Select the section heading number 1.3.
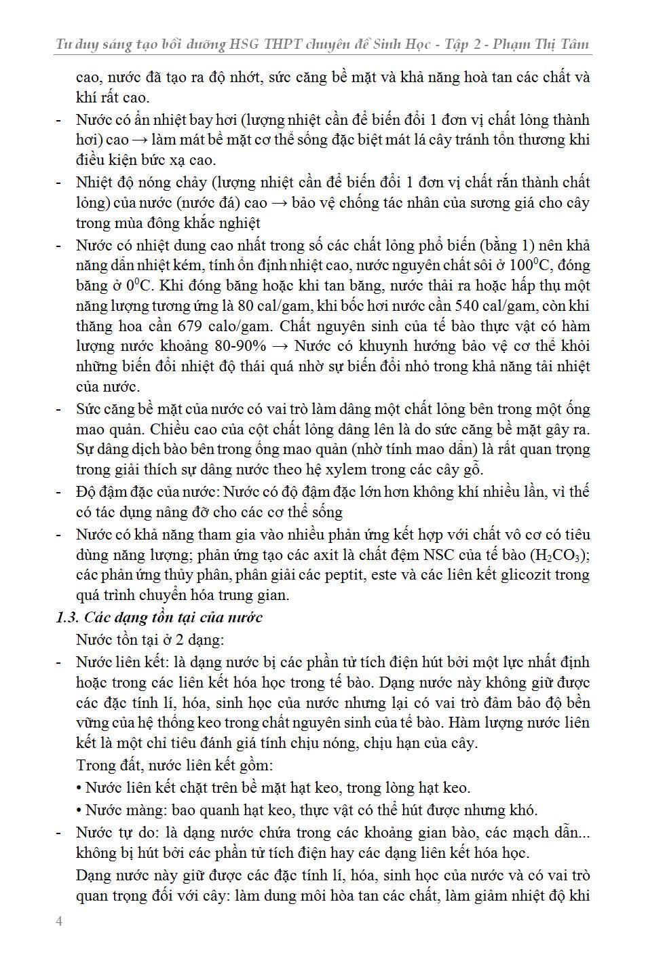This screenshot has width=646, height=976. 66,618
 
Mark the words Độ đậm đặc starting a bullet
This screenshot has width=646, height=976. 111,491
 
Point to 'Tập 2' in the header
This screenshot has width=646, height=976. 459,45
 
